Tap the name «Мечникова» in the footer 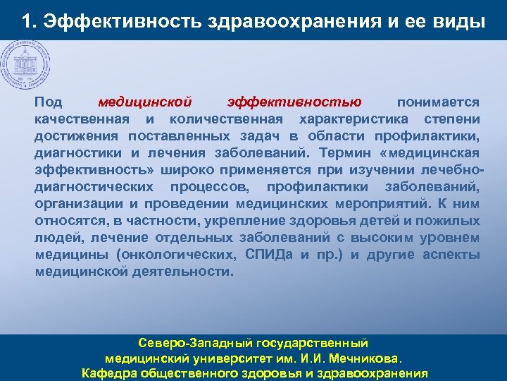coord(365,358)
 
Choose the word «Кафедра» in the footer coord(106,373)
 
